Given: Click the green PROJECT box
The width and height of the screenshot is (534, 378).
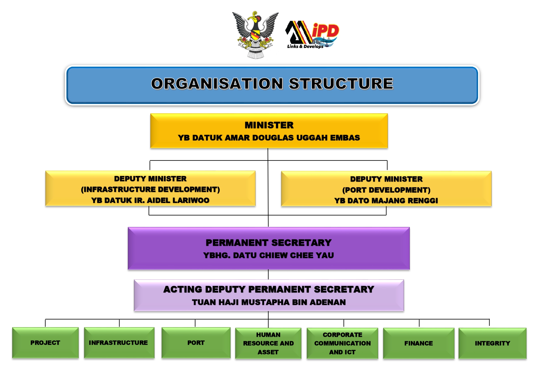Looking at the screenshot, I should coord(45,343).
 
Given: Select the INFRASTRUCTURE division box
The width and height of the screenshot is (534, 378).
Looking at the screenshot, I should coord(119,343).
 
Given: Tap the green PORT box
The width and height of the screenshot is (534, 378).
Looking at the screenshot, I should coord(196,343).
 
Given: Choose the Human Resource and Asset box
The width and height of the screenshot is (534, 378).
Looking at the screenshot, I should coord(268,343).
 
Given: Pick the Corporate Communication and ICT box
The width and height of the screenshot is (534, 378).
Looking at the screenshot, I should coord(342,343).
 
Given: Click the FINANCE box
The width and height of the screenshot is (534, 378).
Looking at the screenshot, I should coord(418,343).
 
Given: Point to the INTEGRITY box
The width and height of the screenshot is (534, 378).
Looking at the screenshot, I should coord(492,343).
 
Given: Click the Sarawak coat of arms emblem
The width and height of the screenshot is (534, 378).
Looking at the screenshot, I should coord(255,35).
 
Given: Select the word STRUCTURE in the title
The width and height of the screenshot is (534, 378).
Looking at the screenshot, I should coord(341,84).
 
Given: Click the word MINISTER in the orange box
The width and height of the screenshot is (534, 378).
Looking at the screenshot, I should coord(269,125).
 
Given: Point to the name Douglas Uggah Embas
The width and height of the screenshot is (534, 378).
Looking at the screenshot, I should coord(306,138).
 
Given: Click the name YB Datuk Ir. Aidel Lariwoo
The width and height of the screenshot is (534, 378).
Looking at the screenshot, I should coord(150,200).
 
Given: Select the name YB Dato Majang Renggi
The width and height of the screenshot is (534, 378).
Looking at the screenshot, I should coord(386,201).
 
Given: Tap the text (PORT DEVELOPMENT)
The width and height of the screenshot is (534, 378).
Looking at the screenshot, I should coord(386,190).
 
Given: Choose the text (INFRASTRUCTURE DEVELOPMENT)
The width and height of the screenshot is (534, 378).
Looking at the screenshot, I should coord(150,189).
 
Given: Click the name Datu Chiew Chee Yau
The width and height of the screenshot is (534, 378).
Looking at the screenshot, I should coord(283,255).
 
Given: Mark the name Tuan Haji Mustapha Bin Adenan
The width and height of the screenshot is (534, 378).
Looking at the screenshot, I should coord(269,302).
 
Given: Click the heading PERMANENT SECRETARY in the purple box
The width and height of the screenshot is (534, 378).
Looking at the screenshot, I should coord(268,243).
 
